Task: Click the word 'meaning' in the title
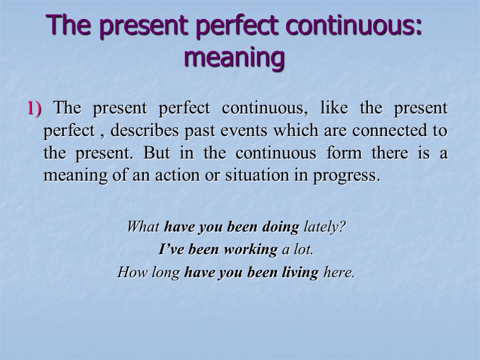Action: click(x=234, y=59)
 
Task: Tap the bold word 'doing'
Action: click(x=280, y=227)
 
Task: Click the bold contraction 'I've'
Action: click(x=171, y=250)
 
